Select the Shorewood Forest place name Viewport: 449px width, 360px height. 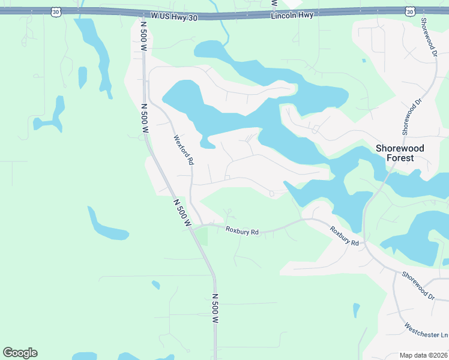click(399, 153)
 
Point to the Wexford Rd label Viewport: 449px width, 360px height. click(184, 149)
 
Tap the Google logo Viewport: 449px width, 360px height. click(20, 353)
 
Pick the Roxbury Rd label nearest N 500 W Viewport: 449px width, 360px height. click(242, 230)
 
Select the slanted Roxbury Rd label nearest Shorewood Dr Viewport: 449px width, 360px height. click(345, 236)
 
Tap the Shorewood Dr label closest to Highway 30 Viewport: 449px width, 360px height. click(427, 37)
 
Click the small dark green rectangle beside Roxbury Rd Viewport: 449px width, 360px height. click(202, 236)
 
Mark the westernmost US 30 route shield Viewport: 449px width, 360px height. click(56, 11)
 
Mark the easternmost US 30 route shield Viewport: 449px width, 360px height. click(410, 11)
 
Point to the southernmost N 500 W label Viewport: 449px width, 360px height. click(215, 308)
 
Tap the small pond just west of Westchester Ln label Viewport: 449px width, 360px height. click(357, 310)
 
